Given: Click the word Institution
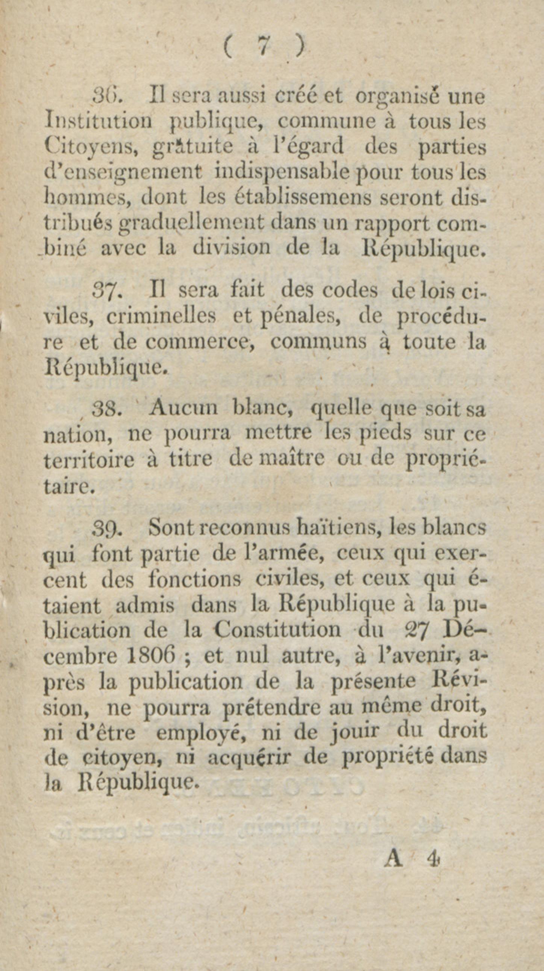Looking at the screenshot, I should point(98,122).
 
